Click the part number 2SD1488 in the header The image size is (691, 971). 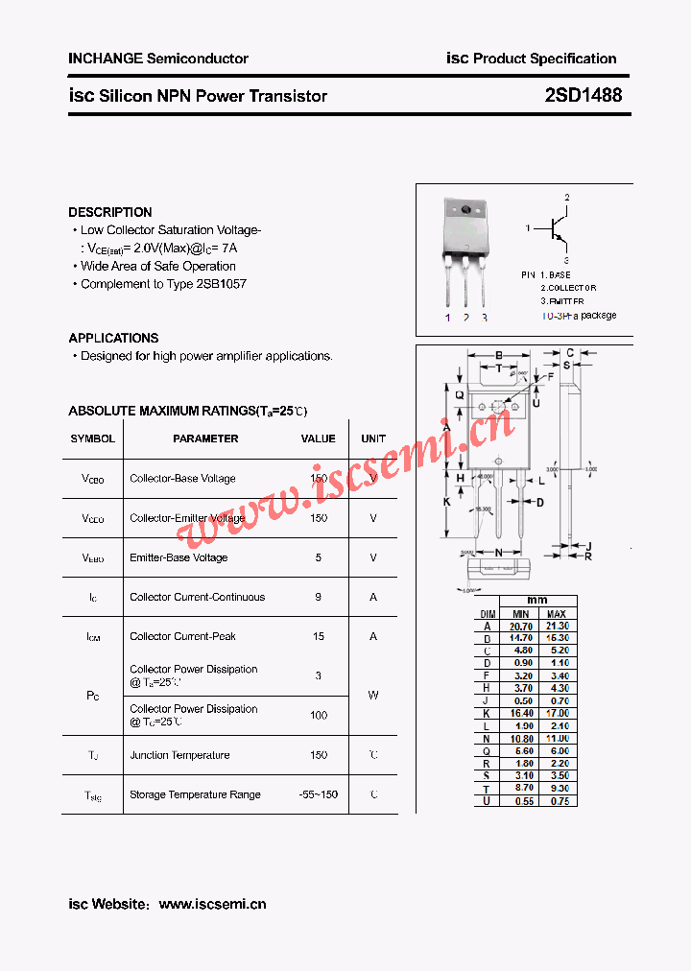coord(584,95)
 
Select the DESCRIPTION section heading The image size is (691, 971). coord(110,212)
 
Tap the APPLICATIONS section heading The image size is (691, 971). coord(113,338)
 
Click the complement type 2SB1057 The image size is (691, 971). coord(221,284)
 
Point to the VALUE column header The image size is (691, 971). coord(318,438)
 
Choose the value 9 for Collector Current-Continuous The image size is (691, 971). coord(318,597)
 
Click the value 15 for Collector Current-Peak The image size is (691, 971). coord(318,636)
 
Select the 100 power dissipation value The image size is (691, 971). coord(318,715)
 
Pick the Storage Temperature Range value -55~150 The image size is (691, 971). coord(318,794)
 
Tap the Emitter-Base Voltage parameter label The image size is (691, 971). coord(179,557)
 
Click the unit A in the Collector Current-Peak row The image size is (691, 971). coord(373,636)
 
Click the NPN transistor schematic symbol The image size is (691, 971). coord(556,228)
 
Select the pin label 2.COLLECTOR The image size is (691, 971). coord(568,288)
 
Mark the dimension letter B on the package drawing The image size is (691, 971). coord(499,356)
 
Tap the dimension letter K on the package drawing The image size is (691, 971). coord(446,502)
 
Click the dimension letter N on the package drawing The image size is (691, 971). coord(499,553)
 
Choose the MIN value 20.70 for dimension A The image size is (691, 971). coord(521,626)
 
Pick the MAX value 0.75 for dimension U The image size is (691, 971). coord(557,801)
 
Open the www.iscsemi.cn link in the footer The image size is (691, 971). coord(212,904)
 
